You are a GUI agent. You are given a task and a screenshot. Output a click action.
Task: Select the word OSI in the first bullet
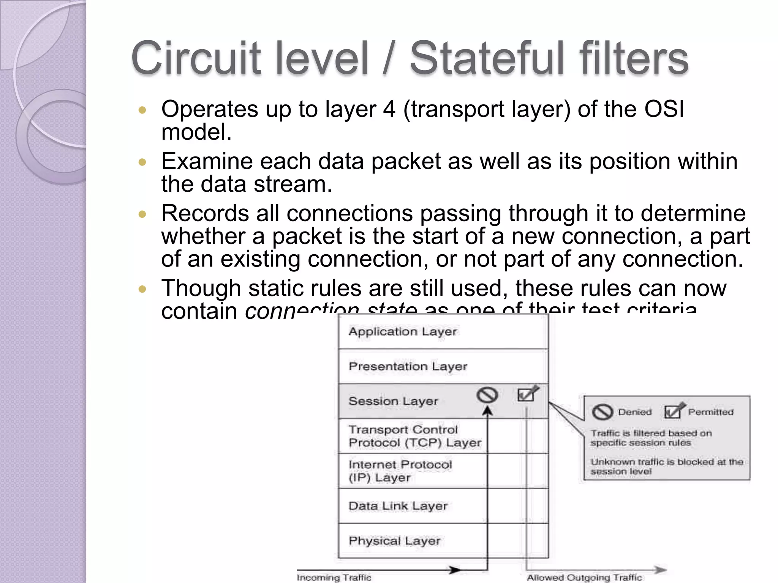(x=664, y=109)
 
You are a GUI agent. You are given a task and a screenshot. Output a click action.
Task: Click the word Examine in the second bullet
(x=207, y=161)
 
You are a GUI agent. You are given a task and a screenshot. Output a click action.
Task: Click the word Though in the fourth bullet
(x=201, y=288)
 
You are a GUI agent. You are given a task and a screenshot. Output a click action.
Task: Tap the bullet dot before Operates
(x=142, y=110)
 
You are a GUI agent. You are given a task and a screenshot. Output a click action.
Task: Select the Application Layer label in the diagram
(x=403, y=332)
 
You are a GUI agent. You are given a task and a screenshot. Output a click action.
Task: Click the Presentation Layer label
(x=408, y=367)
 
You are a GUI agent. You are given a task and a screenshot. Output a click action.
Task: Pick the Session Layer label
(x=393, y=401)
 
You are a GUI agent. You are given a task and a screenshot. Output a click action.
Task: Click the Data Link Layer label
(x=398, y=506)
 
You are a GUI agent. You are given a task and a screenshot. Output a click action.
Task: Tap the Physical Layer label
(x=394, y=541)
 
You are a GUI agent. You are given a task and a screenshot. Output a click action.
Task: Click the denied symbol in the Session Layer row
(x=487, y=395)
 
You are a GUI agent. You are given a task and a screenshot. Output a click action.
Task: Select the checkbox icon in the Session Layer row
(x=527, y=394)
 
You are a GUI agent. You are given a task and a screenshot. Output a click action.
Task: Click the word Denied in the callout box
(x=634, y=412)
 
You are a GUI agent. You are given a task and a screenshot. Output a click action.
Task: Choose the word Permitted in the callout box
(x=711, y=412)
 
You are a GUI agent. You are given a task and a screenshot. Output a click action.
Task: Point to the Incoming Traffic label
(x=334, y=578)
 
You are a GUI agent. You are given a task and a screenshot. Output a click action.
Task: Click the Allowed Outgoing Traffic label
(x=584, y=578)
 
